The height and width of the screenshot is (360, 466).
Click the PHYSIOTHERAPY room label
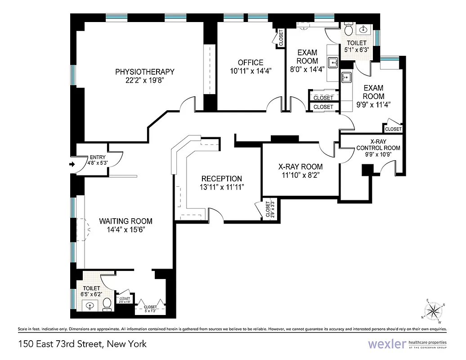click(x=144, y=72)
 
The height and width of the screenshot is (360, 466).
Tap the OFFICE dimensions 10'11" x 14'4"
click(x=251, y=71)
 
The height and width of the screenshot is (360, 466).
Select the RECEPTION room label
click(x=221, y=179)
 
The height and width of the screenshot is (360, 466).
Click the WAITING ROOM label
click(x=125, y=221)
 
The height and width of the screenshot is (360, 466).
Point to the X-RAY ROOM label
click(x=300, y=166)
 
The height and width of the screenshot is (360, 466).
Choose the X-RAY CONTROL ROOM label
click(x=378, y=144)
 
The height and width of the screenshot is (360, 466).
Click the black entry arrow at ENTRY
click(x=72, y=165)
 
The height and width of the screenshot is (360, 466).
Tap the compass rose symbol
click(x=434, y=310)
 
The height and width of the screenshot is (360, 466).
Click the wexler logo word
click(x=386, y=344)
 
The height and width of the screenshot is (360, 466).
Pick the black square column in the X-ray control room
click(x=368, y=170)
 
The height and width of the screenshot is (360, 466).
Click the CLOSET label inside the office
click(x=281, y=38)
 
